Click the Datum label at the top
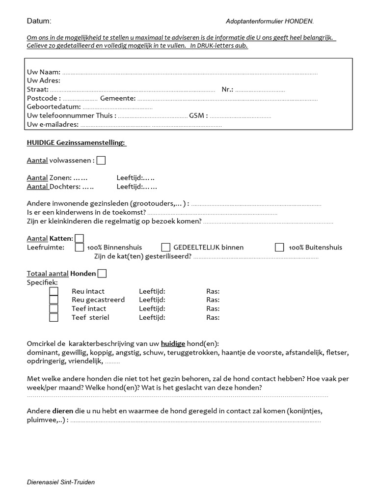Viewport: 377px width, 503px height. tap(39, 21)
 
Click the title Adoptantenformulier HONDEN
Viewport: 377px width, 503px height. tap(269, 22)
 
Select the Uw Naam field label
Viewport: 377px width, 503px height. tap(44, 72)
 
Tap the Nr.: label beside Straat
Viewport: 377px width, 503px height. tap(227, 90)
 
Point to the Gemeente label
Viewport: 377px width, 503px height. tap(118, 99)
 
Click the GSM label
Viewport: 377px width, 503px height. tap(198, 116)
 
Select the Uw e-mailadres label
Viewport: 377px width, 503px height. tap(53, 125)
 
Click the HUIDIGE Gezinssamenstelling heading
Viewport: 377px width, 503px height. tap(76, 143)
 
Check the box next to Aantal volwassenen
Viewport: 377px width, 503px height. tap(101, 161)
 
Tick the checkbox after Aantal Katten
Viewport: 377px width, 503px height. tap(80, 238)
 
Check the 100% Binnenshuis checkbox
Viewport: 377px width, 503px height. tap(80, 248)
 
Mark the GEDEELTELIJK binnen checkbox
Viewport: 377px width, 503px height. tap(166, 248)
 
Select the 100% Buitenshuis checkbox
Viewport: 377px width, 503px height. tap(279, 248)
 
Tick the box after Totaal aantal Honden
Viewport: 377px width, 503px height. tap(102, 274)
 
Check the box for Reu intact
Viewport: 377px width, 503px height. tap(54, 291)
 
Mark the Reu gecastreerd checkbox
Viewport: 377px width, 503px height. tap(54, 300)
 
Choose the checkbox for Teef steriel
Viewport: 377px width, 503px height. tap(54, 317)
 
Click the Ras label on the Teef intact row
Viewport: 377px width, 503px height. tap(213, 308)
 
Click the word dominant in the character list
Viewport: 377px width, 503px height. tap(43, 352)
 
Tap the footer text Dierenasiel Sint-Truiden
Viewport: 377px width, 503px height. tap(61, 482)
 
